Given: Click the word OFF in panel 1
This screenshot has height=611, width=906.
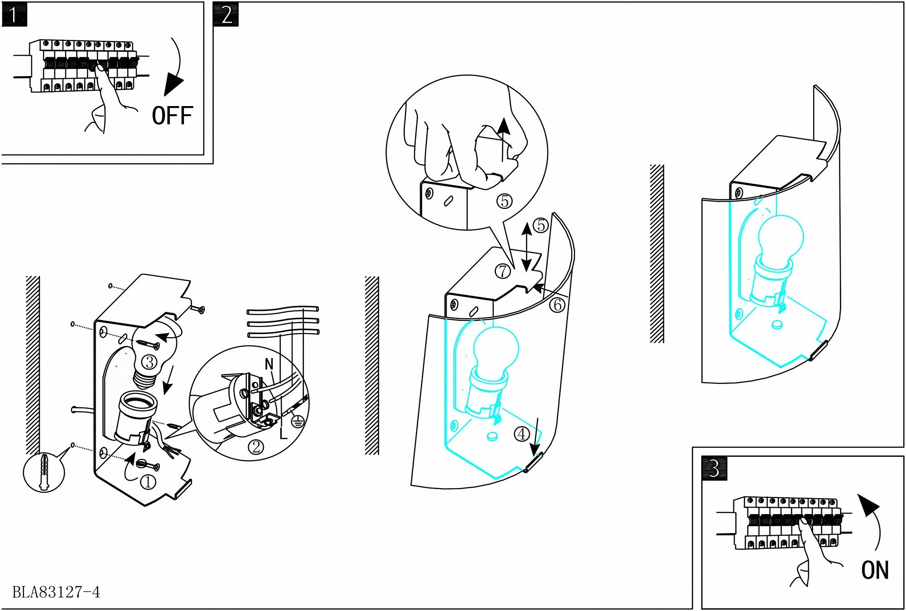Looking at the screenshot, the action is coord(172,116).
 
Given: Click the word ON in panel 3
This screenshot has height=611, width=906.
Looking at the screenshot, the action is coord(875,570).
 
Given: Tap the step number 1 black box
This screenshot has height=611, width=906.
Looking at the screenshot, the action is coord(14,15).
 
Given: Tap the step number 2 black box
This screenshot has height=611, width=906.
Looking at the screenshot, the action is coord(226,15).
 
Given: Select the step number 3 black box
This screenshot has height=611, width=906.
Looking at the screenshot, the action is coord(714,469).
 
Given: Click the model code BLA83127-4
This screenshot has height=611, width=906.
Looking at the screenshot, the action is coord(56,592).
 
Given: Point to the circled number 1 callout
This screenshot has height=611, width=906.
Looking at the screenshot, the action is coord(148,482).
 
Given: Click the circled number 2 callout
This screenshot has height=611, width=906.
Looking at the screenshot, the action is coord(256,447).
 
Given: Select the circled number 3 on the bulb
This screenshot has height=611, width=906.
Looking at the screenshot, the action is coord(149,362).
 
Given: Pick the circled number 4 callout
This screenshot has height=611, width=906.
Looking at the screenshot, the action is coord(522,434).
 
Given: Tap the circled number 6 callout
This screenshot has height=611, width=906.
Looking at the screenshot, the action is coord(558,305).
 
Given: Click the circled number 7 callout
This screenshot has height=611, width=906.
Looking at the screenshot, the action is coord(502,271).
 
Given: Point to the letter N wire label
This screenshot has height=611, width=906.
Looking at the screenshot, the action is coord(269,364).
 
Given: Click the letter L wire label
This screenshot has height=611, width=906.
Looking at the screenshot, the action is coord(284,434).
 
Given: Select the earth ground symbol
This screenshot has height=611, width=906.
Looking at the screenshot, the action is coord(297,422).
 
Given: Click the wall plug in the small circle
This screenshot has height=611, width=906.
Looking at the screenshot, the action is coord(44,472).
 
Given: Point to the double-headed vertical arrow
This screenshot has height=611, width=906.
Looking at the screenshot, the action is coord(526,247).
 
